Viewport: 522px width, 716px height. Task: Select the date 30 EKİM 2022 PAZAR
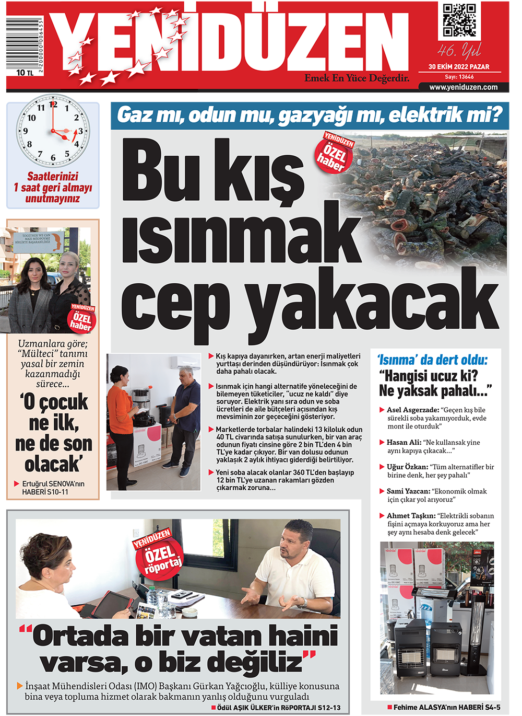pyautogui.click(x=459, y=67)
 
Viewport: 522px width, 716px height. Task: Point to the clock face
pyautogui.click(x=53, y=131)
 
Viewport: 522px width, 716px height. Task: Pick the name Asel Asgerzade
pyautogui.click(x=412, y=410)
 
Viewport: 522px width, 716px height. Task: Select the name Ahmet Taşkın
pyautogui.click(x=411, y=516)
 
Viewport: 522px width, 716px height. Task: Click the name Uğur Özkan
pyautogui.click(x=407, y=467)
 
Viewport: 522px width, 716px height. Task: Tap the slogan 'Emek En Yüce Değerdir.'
pyautogui.click(x=357, y=78)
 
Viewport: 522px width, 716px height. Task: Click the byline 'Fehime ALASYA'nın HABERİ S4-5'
pyautogui.click(x=446, y=707)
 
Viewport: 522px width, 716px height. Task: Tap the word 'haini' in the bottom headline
pyautogui.click(x=303, y=637)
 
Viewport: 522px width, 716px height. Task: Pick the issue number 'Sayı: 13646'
pyautogui.click(x=459, y=77)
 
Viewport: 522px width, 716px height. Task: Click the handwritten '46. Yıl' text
pyautogui.click(x=459, y=51)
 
